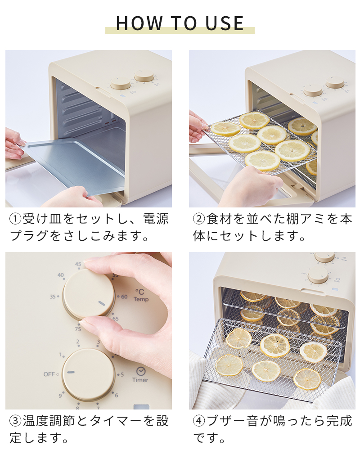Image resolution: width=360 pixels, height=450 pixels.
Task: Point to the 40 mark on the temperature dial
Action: pos(61,275)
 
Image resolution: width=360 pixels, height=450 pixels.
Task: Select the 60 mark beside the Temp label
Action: pos(124,297)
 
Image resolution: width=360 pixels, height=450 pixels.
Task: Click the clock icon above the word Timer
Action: pos(140,371)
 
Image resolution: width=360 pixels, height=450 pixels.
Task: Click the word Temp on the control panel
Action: pos(141,299)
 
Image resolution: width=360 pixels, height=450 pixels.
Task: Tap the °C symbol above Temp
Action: pos(140,292)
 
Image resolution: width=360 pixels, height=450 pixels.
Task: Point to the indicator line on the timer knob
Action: pos(71,372)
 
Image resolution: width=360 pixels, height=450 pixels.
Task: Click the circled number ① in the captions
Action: pos(16,220)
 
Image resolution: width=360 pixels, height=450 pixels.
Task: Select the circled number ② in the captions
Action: pos(199,220)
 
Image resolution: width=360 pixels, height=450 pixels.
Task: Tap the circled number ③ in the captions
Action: pos(16,421)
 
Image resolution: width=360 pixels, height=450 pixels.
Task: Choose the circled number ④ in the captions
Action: pos(199,421)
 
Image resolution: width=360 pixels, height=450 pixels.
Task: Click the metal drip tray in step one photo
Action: pos(72,162)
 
